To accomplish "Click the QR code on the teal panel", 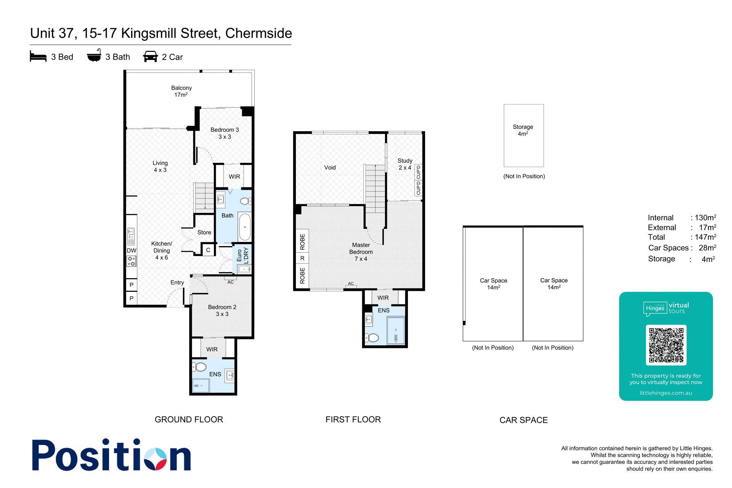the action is (x=666, y=345).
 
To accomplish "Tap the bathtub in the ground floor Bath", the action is (x=245, y=227).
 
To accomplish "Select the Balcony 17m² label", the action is (x=181, y=91).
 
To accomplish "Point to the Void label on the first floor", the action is (x=330, y=167).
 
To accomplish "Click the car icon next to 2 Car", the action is (x=150, y=56).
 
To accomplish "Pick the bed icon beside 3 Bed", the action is (x=38, y=56).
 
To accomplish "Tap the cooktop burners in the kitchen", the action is (x=131, y=261).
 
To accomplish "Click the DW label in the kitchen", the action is (x=131, y=251).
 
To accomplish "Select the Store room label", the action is (x=204, y=232).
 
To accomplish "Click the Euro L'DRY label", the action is (x=242, y=255).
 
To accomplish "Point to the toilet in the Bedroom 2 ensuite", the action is (x=199, y=367).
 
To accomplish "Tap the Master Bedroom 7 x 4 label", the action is (x=361, y=252).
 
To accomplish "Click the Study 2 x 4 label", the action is (x=405, y=164).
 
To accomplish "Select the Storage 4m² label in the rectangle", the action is (x=523, y=130).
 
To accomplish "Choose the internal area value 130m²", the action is (x=705, y=217).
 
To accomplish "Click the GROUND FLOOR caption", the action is (x=189, y=419).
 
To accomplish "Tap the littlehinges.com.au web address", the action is (x=666, y=393).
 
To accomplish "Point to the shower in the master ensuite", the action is (x=395, y=331).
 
